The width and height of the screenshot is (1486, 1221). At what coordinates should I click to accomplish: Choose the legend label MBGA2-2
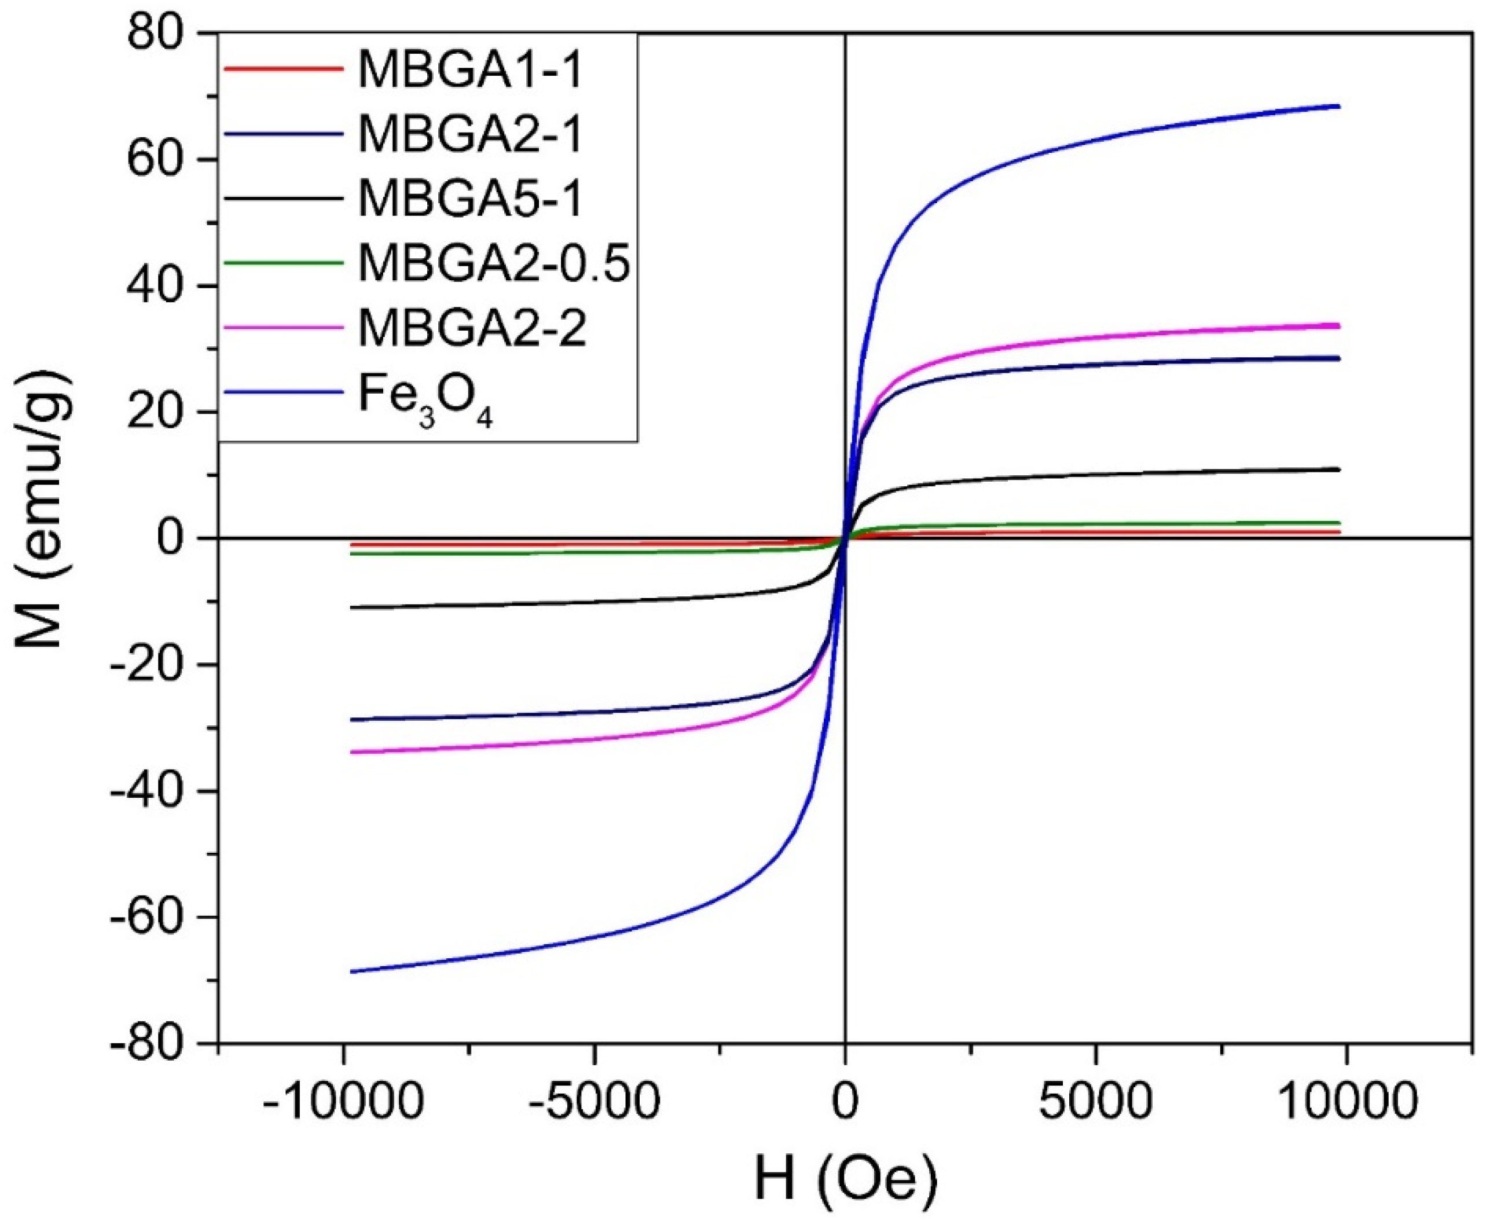tap(471, 328)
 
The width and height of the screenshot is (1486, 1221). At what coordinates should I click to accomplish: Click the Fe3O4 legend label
tap(425, 399)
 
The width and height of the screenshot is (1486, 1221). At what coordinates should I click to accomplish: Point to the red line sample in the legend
tap(284, 69)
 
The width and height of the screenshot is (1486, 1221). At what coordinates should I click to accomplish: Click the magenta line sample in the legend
tap(284, 327)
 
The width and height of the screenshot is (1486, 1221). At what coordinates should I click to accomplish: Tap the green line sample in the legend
tap(284, 262)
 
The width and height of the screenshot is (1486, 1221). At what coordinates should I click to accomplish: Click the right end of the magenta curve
tap(1340, 325)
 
